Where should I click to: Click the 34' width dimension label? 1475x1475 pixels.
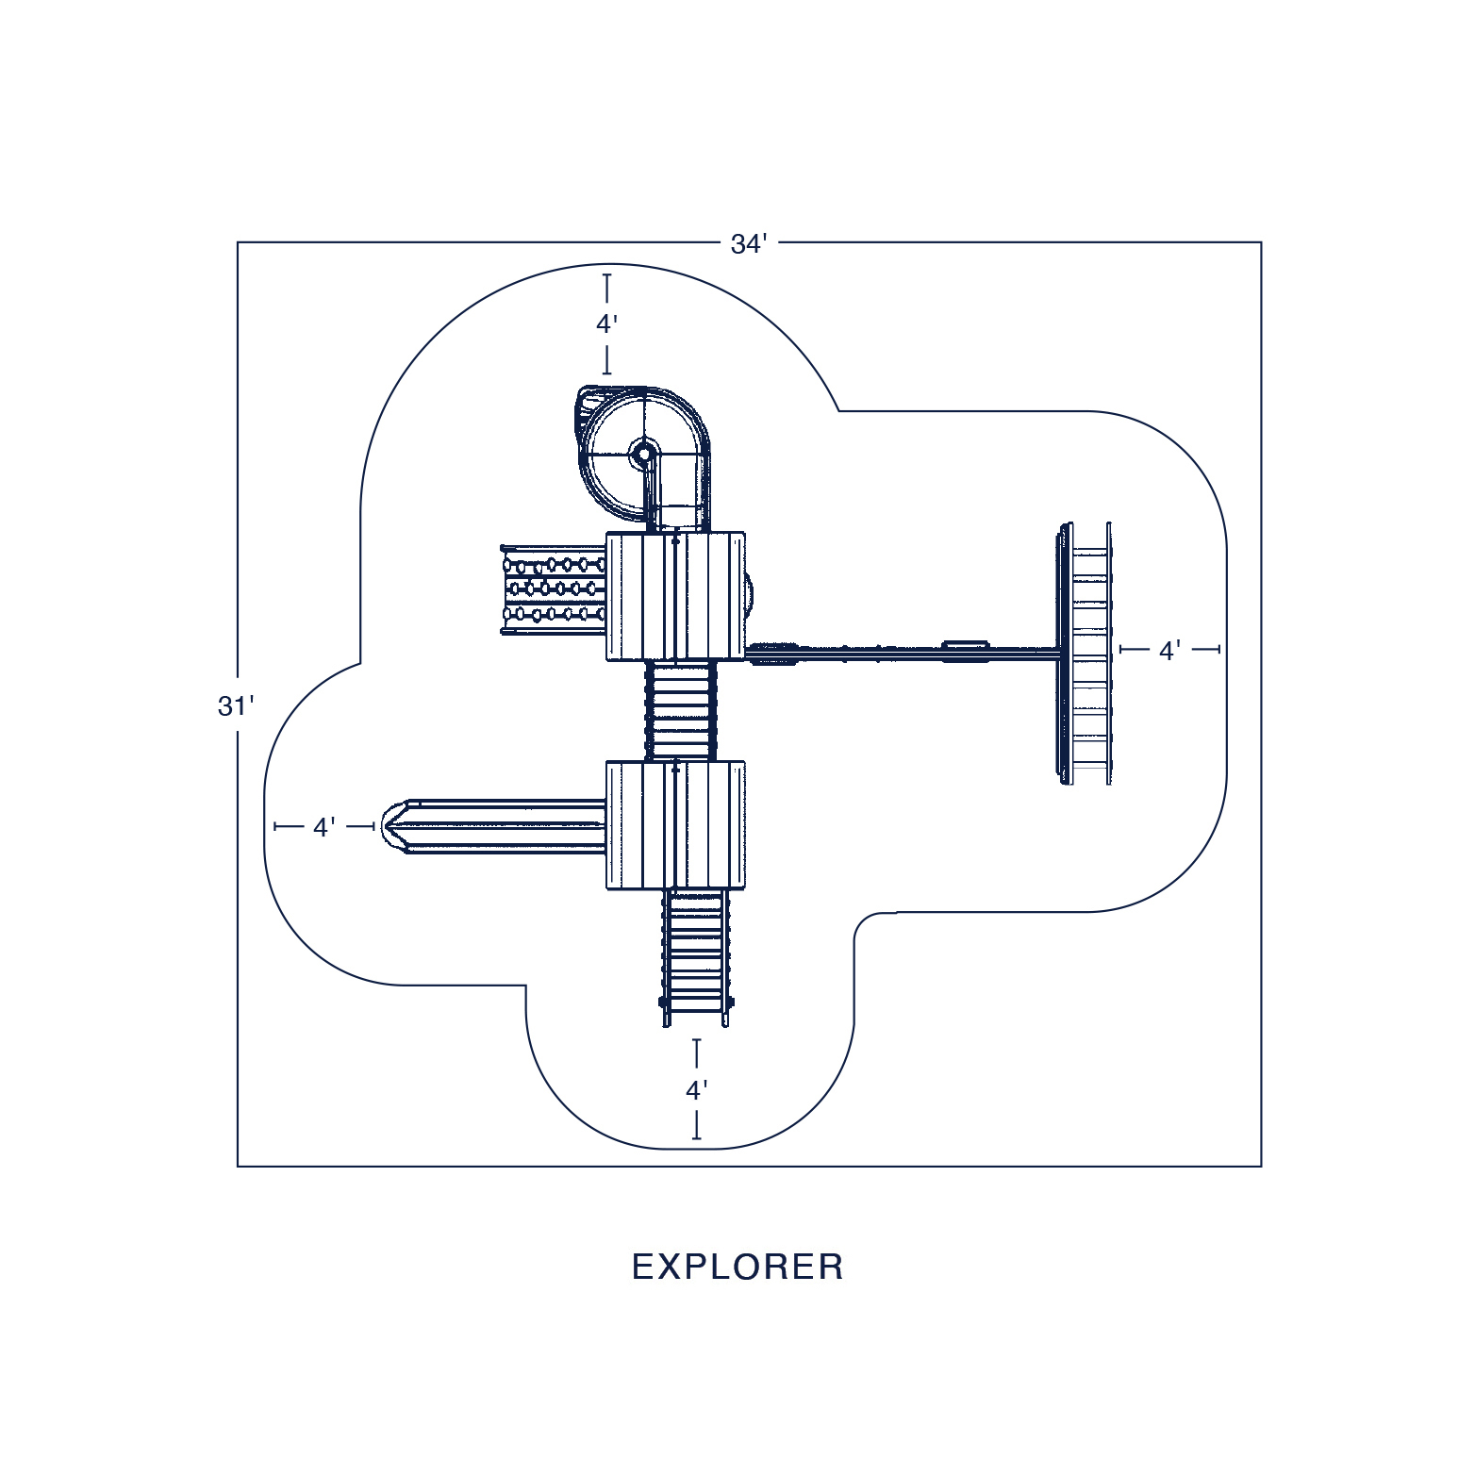749,244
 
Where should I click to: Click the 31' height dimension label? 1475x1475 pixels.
236,706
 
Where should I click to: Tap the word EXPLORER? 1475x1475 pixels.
737,1267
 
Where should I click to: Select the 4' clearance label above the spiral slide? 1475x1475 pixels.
606,324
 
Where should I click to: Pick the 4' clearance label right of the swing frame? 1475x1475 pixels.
1169,651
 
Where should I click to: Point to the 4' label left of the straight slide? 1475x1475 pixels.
323,828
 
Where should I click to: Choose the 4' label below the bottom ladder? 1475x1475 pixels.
696,1091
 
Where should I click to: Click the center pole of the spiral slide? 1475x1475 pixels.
644,454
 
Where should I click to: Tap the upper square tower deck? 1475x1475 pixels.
675,596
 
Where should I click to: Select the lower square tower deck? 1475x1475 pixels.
675,825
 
